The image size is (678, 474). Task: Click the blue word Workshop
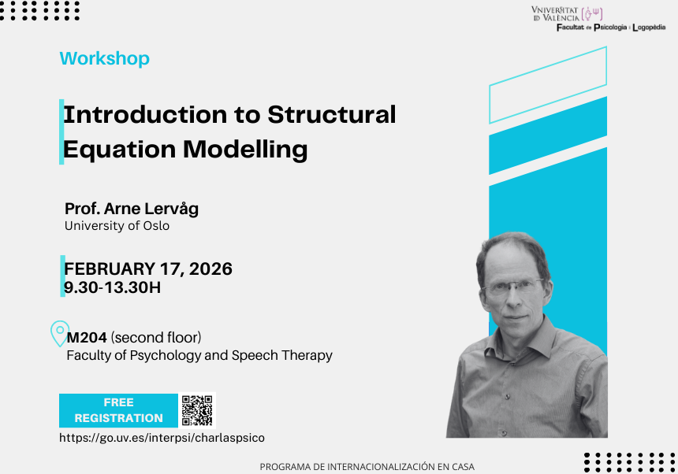coord(105,58)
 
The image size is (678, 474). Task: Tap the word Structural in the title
coord(332,114)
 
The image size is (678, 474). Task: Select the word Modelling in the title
coord(245,150)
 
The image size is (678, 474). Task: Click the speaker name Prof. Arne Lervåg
coord(132,209)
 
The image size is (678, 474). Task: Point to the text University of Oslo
coord(117,226)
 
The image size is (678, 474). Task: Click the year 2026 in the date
coord(210,268)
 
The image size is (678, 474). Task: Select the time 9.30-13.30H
coord(113,287)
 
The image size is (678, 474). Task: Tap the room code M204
coord(87,338)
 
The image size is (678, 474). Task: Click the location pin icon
coord(60,333)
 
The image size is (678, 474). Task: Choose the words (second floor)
coord(156,338)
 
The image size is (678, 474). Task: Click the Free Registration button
coord(118,410)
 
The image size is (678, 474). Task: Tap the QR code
coord(197,410)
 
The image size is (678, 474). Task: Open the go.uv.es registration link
coord(162,438)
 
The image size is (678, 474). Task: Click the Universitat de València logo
coord(567,13)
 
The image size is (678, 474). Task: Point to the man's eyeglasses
coord(514,287)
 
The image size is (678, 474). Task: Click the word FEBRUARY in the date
coord(110,268)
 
